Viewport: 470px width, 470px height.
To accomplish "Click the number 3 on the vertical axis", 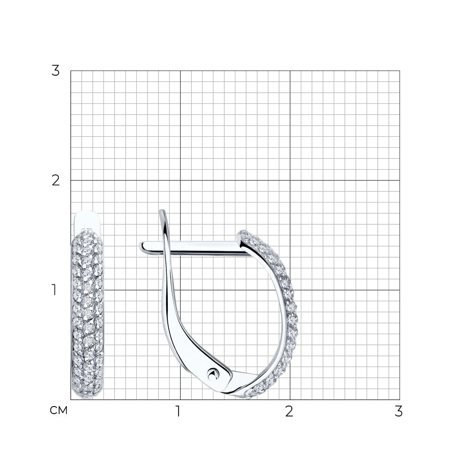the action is pos(55,71).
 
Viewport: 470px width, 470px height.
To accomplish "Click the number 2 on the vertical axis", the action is pos(55,180).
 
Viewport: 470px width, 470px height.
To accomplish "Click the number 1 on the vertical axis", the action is pos(54,290).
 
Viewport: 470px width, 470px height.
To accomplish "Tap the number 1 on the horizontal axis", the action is pos(178,411).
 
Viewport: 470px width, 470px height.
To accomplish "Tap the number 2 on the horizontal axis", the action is pos(289,411).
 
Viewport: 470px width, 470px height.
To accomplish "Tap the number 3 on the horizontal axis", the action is pos(399,411).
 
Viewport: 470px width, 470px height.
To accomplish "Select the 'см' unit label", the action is pos(59,410).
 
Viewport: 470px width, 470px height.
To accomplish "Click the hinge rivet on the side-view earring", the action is pos(212,374).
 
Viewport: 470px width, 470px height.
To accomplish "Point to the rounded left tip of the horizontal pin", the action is pos(141,246).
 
